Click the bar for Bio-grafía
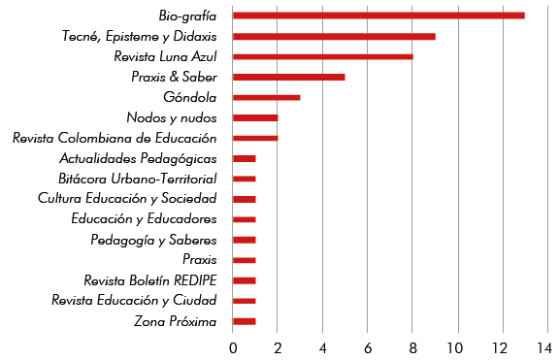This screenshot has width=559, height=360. [x=378, y=16]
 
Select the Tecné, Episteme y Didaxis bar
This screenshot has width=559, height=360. [x=334, y=36]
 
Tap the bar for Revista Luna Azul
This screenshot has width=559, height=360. [x=322, y=56]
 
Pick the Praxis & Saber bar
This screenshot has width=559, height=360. [x=289, y=77]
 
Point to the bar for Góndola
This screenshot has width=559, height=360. [x=267, y=97]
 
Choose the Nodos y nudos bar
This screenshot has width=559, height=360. [x=255, y=117]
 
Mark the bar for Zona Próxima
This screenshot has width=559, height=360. [x=245, y=321]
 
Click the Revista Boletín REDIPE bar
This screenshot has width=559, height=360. [x=245, y=280]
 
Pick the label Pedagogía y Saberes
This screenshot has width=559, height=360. [x=153, y=240]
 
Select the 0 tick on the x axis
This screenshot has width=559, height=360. [x=233, y=346]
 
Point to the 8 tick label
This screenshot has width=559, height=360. [x=412, y=346]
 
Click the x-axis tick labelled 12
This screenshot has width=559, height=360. [x=502, y=346]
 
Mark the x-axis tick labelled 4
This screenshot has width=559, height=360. [x=322, y=346]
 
